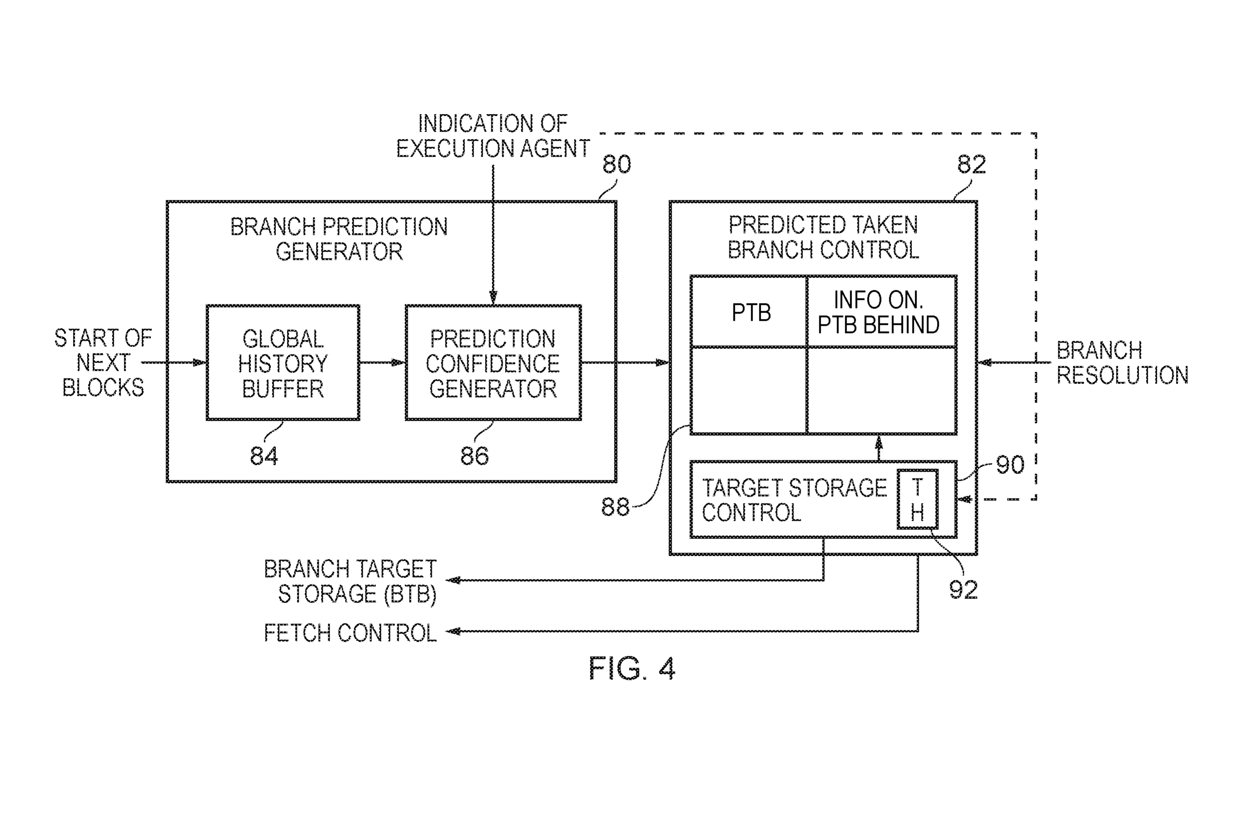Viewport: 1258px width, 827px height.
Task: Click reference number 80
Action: tap(617, 164)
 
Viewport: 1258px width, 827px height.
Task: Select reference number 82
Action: tap(971, 164)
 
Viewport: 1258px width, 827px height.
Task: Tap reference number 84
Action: tap(264, 455)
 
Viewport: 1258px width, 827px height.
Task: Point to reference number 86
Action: tap(474, 455)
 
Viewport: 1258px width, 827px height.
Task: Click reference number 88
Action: tap(615, 507)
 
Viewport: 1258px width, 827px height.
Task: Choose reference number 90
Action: tap(1010, 465)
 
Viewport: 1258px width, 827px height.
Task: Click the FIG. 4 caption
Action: tap(632, 668)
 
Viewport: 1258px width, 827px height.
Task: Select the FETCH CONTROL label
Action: tap(350, 633)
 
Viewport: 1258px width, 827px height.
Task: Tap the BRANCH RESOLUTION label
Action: tap(1122, 363)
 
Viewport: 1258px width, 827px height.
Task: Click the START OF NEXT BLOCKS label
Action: tap(103, 363)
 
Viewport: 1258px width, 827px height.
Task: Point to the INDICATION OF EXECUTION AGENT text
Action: tap(493, 136)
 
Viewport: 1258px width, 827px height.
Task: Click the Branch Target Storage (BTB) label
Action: tap(350, 581)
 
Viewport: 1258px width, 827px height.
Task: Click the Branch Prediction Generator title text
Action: tap(339, 239)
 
